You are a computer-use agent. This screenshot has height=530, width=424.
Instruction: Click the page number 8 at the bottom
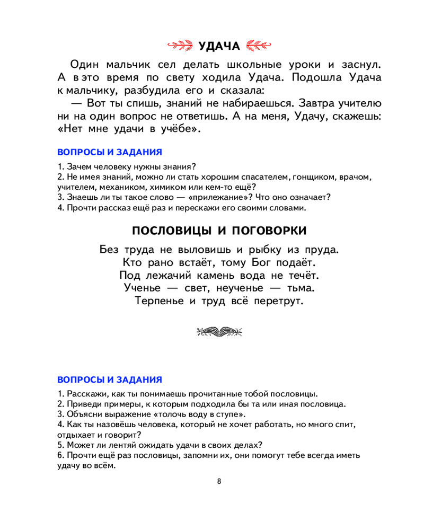[x=219, y=481]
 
